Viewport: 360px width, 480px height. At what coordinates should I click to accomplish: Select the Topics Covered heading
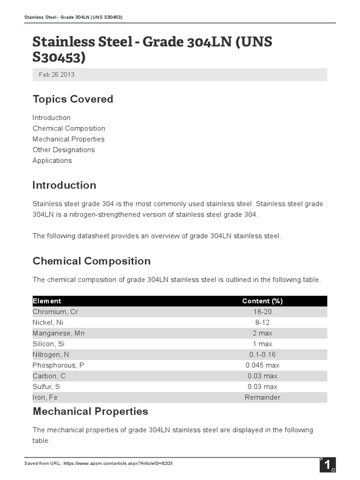pyautogui.click(x=73, y=99)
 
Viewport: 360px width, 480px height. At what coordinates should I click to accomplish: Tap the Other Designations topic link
pyautogui.click(x=63, y=150)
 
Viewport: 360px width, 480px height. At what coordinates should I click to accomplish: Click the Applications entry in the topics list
pyautogui.click(x=52, y=161)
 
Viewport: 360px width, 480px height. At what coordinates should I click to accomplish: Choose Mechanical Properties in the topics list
pyautogui.click(x=68, y=139)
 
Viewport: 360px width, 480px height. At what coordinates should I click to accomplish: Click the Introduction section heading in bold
pyautogui.click(x=64, y=185)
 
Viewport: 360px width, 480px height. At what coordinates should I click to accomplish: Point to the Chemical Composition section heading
pyautogui.click(x=91, y=261)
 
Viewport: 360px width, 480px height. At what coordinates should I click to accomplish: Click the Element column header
pyautogui.click(x=47, y=301)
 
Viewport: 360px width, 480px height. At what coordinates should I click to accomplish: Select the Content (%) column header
pyautogui.click(x=262, y=301)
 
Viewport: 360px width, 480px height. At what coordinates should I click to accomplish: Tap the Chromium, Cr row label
pyautogui.click(x=55, y=312)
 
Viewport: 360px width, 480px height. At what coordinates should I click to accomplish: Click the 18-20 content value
pyautogui.click(x=262, y=312)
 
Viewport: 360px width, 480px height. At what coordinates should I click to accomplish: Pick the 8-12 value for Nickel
pyautogui.click(x=262, y=322)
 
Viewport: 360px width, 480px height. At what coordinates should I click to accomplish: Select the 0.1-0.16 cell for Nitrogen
pyautogui.click(x=262, y=354)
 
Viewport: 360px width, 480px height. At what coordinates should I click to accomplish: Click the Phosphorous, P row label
pyautogui.click(x=59, y=365)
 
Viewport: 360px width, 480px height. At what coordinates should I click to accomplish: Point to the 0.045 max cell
pyautogui.click(x=262, y=365)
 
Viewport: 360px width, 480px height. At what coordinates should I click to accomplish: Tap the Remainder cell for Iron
pyautogui.click(x=262, y=397)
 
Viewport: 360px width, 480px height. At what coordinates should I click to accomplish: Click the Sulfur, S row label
pyautogui.click(x=46, y=387)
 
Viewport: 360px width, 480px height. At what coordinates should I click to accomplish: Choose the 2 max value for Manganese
pyautogui.click(x=262, y=333)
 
